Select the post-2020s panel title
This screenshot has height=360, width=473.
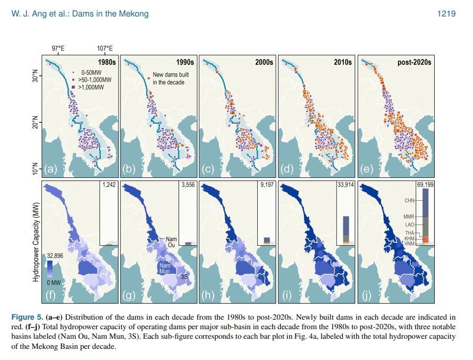pos(415,62)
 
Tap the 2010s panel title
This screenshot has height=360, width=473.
pos(343,62)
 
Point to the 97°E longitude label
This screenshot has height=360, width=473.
pos(58,49)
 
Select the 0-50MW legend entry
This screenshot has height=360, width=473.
pos(91,71)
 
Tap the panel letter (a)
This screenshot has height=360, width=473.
pos(52,169)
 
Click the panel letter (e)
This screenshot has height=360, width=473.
pos(367,169)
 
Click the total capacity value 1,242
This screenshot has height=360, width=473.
pos(108,186)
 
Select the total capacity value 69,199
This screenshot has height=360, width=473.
pos(424,186)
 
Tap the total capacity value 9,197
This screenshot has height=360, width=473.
pos(266,186)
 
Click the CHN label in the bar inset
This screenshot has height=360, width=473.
pos(409,201)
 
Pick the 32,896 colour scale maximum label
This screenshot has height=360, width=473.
pos(55,255)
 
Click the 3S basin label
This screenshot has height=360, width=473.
pos(184,277)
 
